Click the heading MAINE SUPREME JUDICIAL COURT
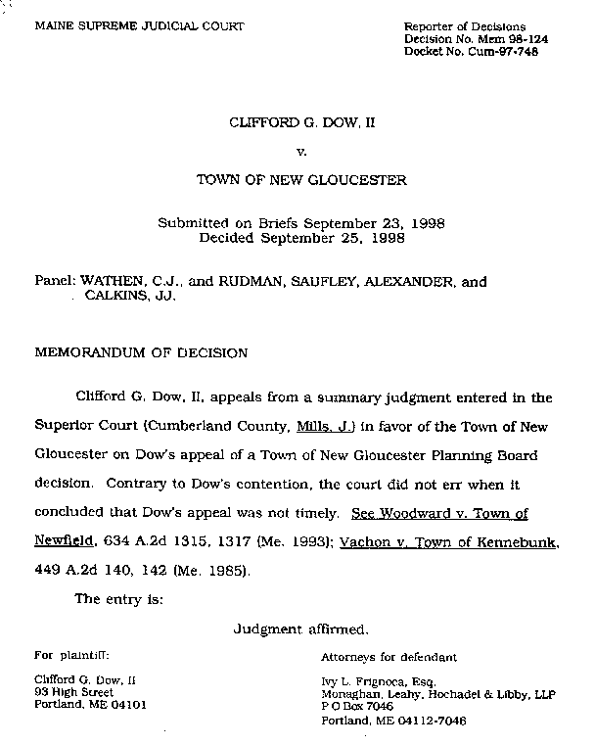139,25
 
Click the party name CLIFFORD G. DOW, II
300,124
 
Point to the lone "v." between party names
300,153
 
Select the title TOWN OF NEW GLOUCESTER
300,181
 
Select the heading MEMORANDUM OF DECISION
142,351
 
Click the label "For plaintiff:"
71,656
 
